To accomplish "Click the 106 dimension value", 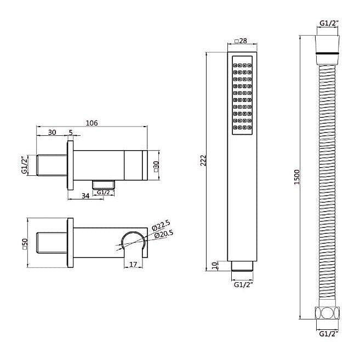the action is [x=92, y=123].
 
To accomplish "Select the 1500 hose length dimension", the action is [x=297, y=177].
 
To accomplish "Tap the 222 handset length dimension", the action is [x=204, y=161].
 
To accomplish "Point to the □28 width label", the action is [x=241, y=41].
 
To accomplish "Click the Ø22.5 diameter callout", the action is [x=161, y=225].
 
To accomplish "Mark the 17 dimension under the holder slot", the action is [x=133, y=264].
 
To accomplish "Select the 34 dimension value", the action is [x=85, y=196].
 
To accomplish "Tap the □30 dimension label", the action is [x=156, y=167].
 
